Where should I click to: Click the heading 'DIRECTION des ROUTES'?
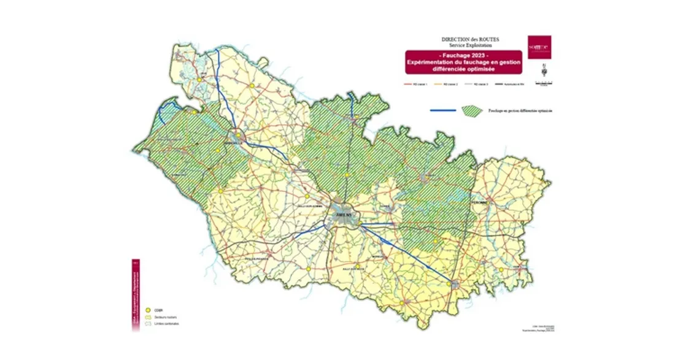pyautogui.click(x=470, y=39)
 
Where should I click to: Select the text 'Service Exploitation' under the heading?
pyautogui.click(x=470, y=45)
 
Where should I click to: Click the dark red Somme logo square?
pyautogui.click(x=539, y=47)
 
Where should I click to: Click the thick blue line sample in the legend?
pyautogui.click(x=442, y=110)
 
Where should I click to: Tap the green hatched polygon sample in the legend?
pyautogui.click(x=472, y=110)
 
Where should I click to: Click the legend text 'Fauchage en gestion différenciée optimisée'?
pyautogui.click(x=520, y=111)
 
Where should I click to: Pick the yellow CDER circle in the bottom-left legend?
pyautogui.click(x=147, y=310)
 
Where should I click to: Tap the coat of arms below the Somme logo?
pyautogui.click(x=539, y=66)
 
